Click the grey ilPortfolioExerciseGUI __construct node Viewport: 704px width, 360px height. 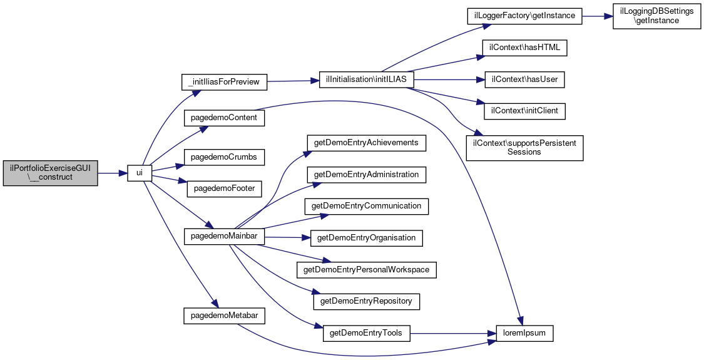[x=50, y=173]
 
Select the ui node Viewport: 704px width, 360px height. [x=140, y=173]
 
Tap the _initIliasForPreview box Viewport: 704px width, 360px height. [x=223, y=82]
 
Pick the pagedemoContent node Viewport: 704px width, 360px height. [x=224, y=118]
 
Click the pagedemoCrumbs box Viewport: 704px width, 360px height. [x=224, y=158]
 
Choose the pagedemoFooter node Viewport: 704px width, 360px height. [x=224, y=188]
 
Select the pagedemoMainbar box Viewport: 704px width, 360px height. [x=224, y=237]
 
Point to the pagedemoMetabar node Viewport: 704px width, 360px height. [x=224, y=316]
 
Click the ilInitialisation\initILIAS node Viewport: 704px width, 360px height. [x=366, y=80]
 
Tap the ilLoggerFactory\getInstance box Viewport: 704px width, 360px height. [x=524, y=16]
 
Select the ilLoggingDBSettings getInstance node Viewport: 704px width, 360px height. [x=656, y=16]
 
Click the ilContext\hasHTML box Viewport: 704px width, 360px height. [x=524, y=48]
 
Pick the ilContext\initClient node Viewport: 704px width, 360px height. [x=524, y=111]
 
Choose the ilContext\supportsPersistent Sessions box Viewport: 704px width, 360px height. [x=524, y=147]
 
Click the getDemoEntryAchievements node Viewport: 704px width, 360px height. [x=366, y=143]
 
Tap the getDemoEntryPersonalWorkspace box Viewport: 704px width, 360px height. [x=366, y=270]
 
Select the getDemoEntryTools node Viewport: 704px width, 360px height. [x=366, y=334]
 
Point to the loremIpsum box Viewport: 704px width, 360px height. [x=524, y=334]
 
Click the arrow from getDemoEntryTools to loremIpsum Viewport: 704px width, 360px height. [x=453, y=334]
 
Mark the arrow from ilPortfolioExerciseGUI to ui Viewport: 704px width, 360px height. [x=113, y=173]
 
